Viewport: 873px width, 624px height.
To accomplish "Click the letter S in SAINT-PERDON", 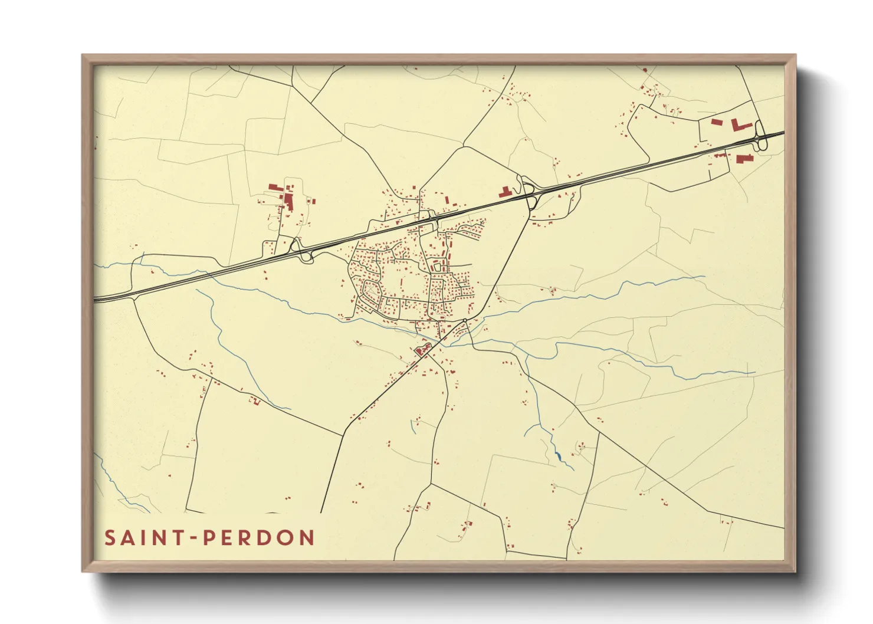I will tap(110, 538).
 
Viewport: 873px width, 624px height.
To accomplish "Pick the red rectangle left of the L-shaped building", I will tap(717, 122).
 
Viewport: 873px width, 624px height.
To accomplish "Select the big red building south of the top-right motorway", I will tap(743, 158).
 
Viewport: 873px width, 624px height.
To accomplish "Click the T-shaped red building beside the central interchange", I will tap(506, 192).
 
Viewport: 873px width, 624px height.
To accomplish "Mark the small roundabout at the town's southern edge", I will tap(465, 320).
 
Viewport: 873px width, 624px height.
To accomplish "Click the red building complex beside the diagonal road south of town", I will tap(422, 350).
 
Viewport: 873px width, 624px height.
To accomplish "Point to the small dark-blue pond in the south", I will tap(557, 455).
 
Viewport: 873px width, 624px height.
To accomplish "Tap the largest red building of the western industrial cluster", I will tap(289, 199).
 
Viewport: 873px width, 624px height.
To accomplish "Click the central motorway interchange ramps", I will tap(529, 193).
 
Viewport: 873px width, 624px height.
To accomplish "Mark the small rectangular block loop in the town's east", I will tap(437, 267).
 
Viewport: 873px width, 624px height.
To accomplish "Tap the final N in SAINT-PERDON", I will tap(306, 538).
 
